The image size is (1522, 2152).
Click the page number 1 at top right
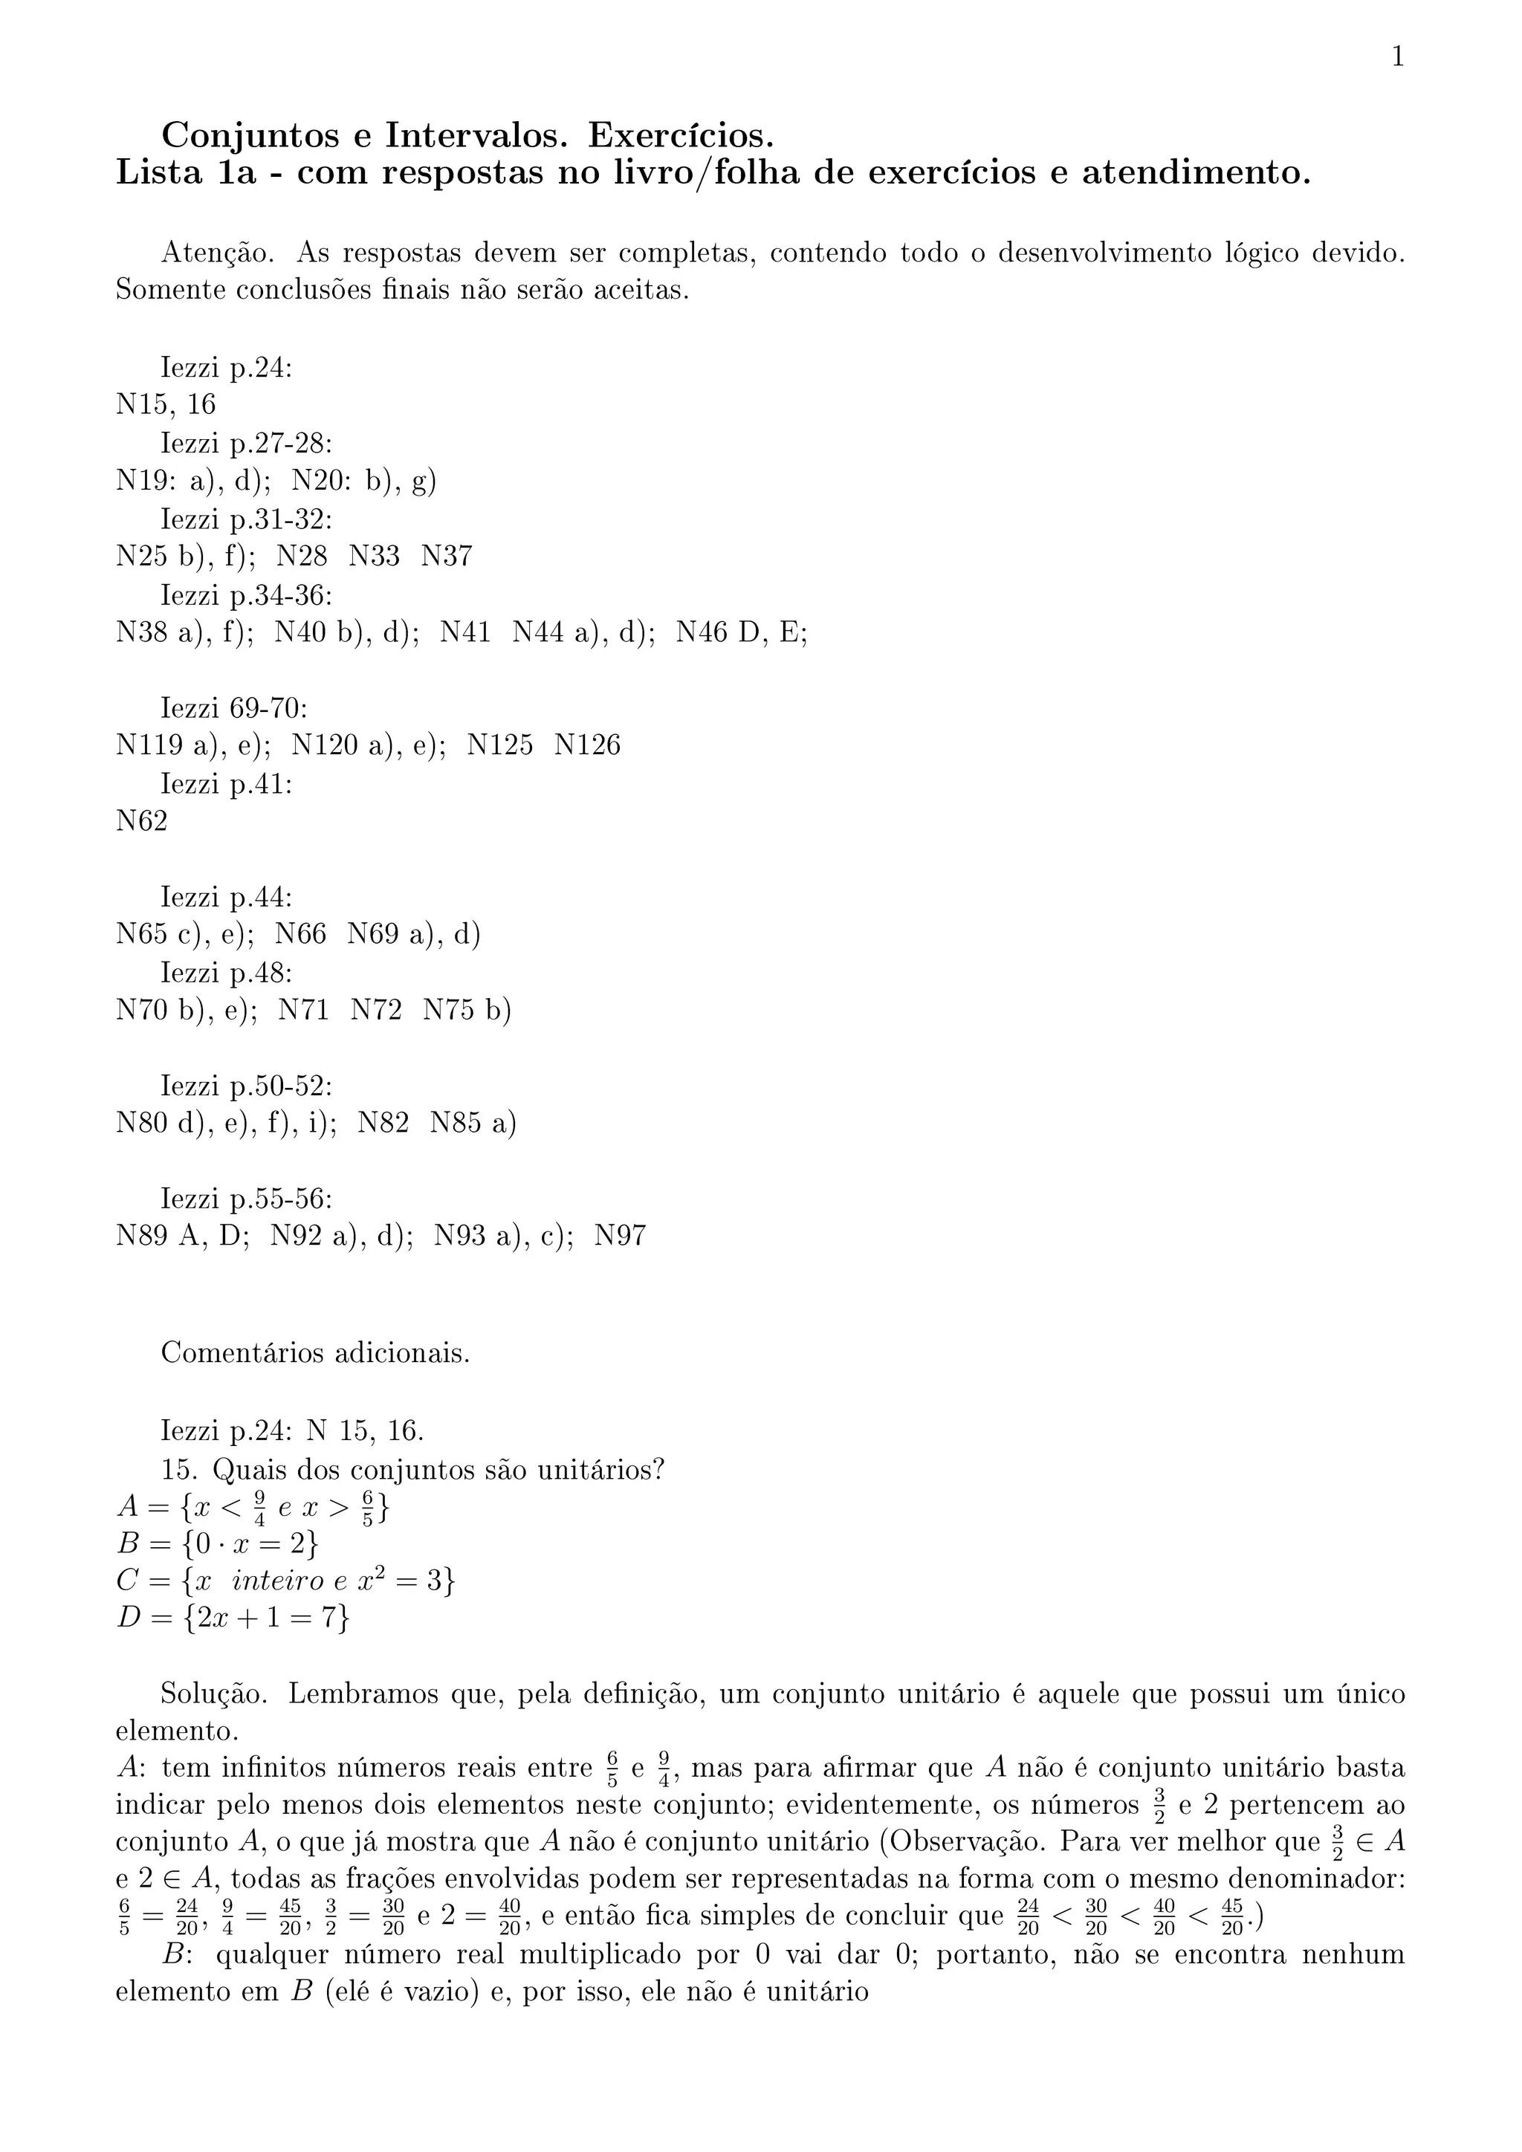click(x=1397, y=57)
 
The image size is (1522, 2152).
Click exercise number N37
click(x=446, y=557)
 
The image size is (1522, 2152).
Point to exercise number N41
click(x=466, y=632)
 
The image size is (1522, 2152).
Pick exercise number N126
click(x=588, y=745)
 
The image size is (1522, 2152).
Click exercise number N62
click(x=141, y=821)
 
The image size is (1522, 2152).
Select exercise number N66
click(x=301, y=935)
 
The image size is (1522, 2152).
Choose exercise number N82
click(x=383, y=1123)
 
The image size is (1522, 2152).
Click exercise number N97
click(x=621, y=1237)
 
